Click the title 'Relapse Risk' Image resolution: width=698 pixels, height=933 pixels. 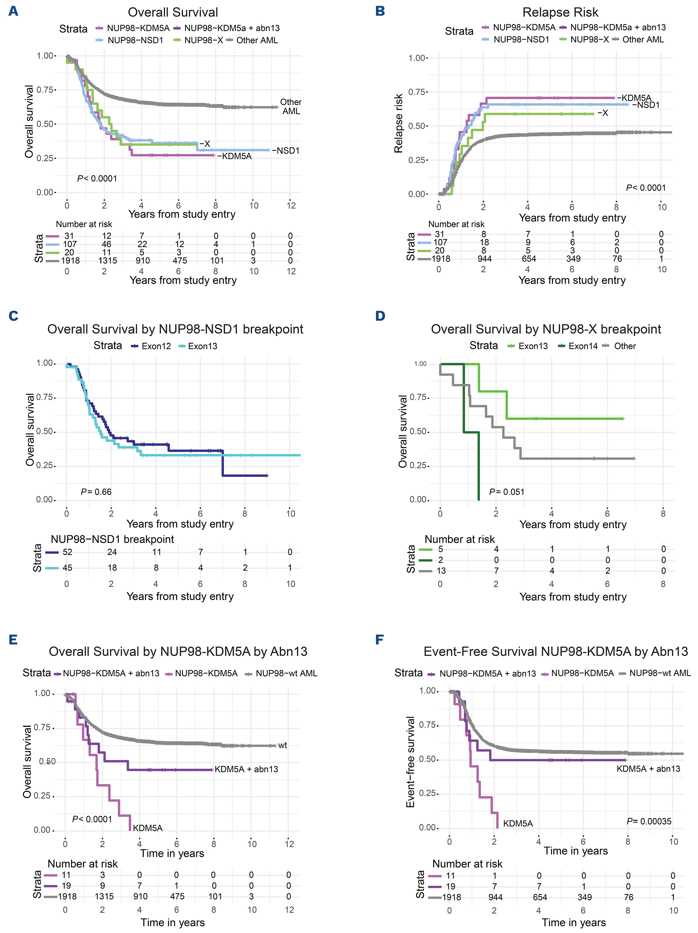[x=560, y=12]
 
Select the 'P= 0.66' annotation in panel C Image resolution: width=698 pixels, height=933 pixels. [x=96, y=492]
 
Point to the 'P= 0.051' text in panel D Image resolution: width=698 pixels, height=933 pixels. [x=507, y=492]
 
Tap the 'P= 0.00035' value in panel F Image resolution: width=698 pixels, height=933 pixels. [x=649, y=821]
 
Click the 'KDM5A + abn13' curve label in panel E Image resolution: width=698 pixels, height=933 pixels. [x=246, y=769]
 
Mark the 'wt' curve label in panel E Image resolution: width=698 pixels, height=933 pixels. [x=282, y=745]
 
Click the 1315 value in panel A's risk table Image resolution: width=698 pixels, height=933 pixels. [x=108, y=261]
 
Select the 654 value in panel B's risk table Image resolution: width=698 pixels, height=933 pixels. [x=529, y=259]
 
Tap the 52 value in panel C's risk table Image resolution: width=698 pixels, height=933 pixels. [x=68, y=552]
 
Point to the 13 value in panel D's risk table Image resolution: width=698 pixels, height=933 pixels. [x=441, y=571]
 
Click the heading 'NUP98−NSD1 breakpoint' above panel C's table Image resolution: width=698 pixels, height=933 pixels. [x=112, y=539]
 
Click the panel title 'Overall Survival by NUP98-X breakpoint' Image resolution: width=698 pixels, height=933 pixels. [x=546, y=329]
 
